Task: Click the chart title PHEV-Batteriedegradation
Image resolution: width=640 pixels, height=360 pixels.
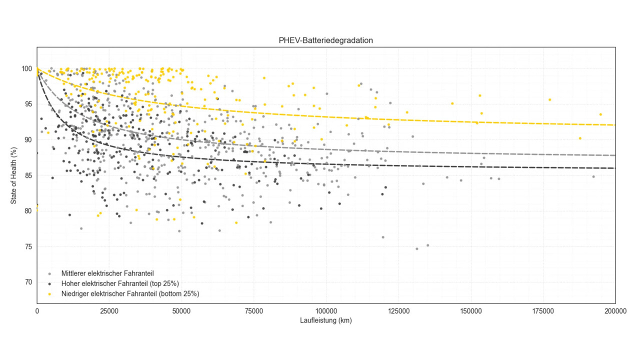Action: (325, 40)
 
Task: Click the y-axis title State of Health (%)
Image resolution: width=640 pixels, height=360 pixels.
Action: (14, 174)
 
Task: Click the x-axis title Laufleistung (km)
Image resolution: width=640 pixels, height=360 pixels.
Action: (326, 320)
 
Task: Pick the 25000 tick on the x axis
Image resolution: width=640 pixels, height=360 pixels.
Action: (109, 311)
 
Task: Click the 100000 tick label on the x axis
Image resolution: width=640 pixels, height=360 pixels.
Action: (326, 311)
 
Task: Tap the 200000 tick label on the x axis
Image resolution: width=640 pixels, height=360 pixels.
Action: (615, 311)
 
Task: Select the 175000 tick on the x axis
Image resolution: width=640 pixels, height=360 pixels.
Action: (543, 311)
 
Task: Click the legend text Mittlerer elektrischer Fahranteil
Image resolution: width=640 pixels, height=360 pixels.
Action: (107, 273)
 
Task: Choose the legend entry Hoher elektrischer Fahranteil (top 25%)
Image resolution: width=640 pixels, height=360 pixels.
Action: (120, 283)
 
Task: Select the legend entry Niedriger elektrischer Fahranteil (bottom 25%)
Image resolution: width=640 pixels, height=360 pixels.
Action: (130, 293)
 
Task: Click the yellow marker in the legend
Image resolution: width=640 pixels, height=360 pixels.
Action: (49, 293)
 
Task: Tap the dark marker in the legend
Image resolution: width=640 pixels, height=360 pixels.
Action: (49, 283)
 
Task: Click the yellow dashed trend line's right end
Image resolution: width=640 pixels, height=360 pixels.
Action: (614, 125)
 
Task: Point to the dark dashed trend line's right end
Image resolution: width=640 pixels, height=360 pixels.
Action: (614, 168)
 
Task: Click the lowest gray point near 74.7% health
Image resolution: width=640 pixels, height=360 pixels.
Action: (417, 248)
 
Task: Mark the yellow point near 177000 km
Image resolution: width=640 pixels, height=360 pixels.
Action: (549, 99)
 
